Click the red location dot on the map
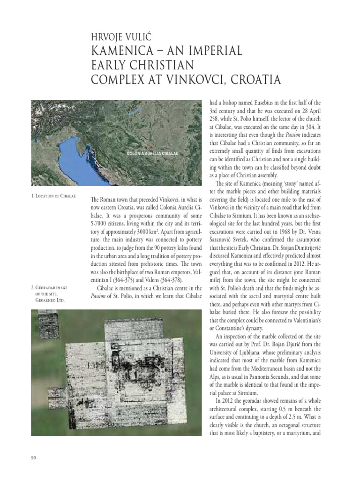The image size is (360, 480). coord(151,147)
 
